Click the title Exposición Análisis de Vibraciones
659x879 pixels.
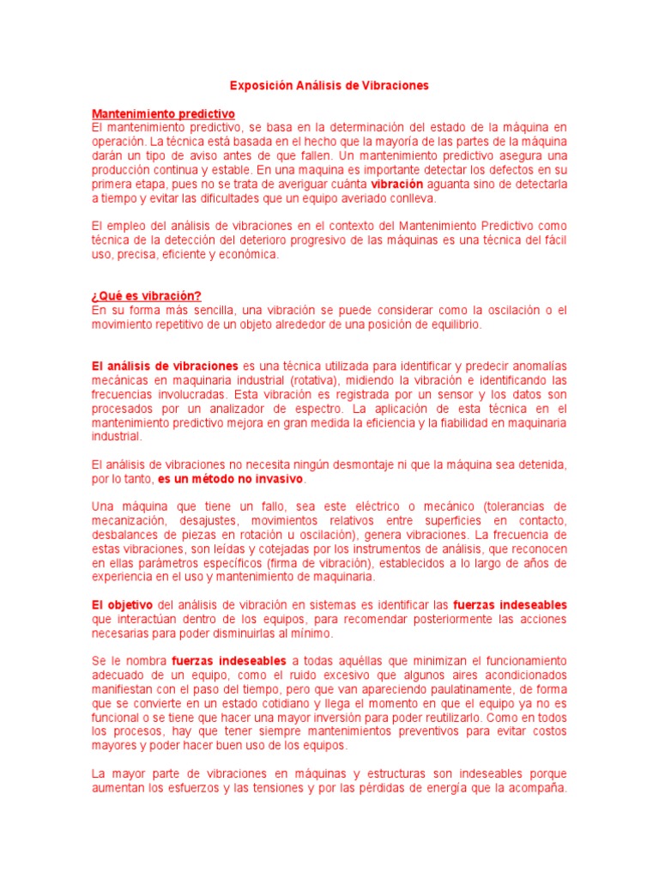coord(329,86)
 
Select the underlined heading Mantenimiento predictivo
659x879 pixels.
coord(163,113)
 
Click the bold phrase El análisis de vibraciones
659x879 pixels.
coord(166,366)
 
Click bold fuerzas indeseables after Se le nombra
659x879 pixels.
coord(228,661)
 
